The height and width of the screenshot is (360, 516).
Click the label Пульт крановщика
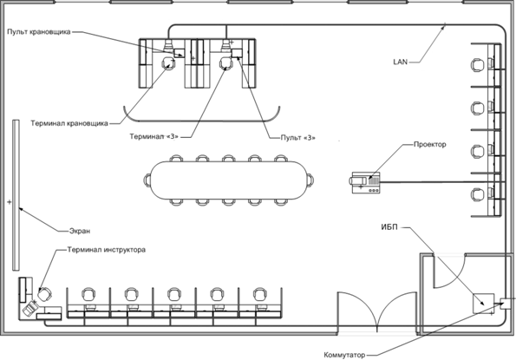coord(39,32)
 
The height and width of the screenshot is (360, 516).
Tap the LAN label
coord(400,62)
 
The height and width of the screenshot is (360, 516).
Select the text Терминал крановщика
coord(69,123)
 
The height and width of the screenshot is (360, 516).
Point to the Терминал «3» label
coord(153,136)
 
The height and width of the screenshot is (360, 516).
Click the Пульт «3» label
coord(297,138)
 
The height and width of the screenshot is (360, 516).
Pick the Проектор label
coord(430,145)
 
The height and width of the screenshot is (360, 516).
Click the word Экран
coord(80,231)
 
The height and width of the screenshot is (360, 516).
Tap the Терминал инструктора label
coord(107,250)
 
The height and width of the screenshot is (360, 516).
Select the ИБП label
coord(389,227)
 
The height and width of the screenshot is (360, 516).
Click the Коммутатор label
coord(344,356)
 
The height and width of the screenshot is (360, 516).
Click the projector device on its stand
coord(366,182)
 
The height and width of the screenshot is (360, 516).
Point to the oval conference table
coord(229,180)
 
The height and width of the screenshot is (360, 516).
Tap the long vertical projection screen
coord(16,195)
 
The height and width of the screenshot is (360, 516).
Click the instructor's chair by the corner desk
coord(44,293)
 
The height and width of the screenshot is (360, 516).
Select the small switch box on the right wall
coord(506,304)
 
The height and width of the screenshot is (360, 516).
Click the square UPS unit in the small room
coord(483,304)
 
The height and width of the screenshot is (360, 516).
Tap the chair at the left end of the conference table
coord(147,180)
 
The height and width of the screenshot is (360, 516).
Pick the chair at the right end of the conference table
coord(310,180)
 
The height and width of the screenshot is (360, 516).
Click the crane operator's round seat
coord(169,62)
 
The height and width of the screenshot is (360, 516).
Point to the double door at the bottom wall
coord(377,311)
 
